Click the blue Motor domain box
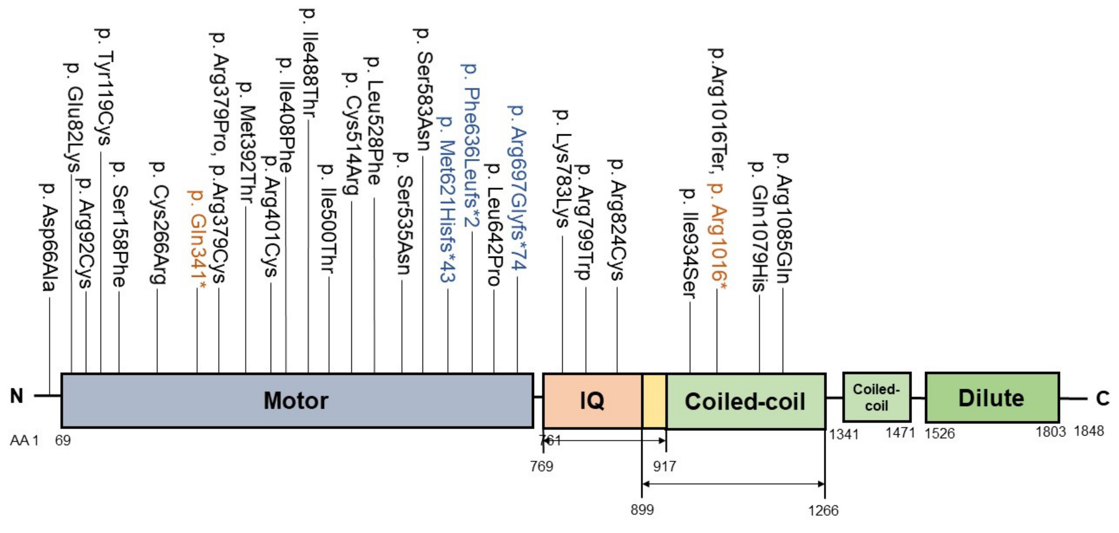(297, 400)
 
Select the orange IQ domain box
(592, 400)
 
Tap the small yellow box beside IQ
(654, 400)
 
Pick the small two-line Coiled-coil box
(876, 397)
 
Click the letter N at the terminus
(17, 396)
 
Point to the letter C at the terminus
(1102, 398)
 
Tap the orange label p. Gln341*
(197, 239)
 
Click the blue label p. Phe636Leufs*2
(472, 146)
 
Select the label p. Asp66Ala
(49, 236)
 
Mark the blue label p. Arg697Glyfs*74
(517, 186)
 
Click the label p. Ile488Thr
(309, 63)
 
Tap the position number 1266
(823, 511)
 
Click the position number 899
(642, 509)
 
